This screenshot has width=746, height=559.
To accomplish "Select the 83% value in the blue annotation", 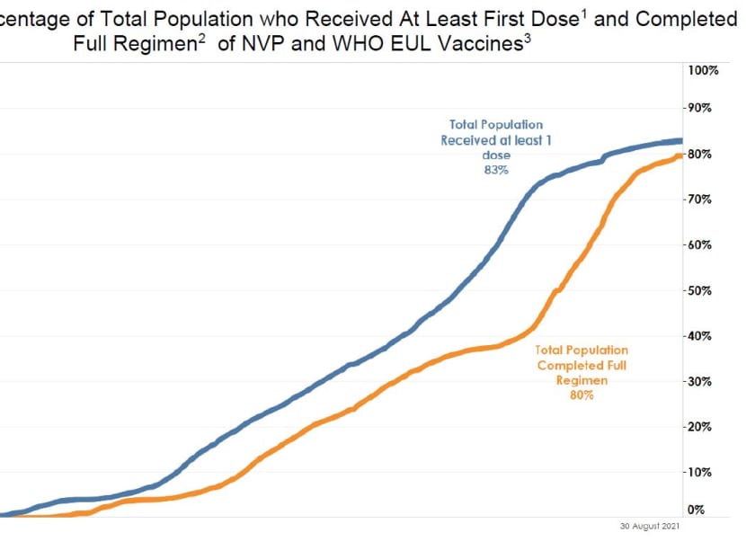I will pos(495,170).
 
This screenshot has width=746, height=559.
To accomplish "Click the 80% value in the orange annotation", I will pos(582,395).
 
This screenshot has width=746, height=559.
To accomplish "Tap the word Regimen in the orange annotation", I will pos(582,380).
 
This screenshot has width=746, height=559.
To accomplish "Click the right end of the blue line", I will pos(682,140).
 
